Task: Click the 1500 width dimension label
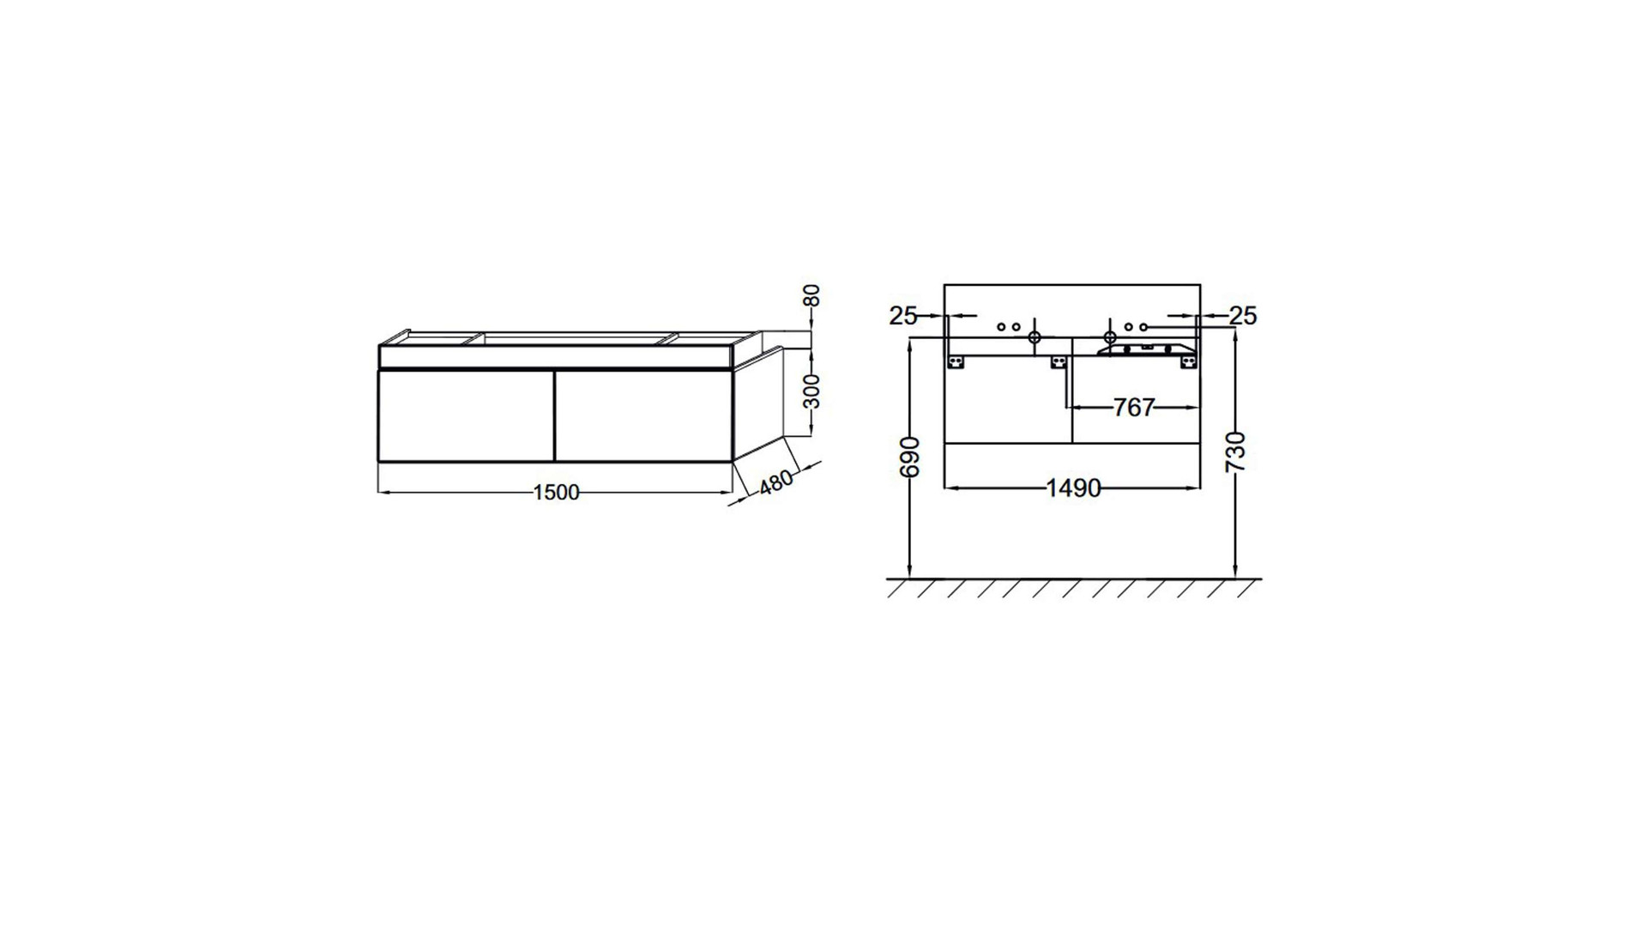pyautogui.click(x=557, y=493)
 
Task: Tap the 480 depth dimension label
pyautogui.click(x=776, y=482)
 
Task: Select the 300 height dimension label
pyautogui.click(x=812, y=391)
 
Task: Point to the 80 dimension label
pyautogui.click(x=812, y=295)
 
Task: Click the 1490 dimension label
pyautogui.click(x=1073, y=488)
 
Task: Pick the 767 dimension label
pyautogui.click(x=1134, y=408)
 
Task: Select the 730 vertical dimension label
pyautogui.click(x=1236, y=452)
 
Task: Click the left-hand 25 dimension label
pyautogui.click(x=903, y=316)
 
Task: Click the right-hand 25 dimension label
pyautogui.click(x=1243, y=316)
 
